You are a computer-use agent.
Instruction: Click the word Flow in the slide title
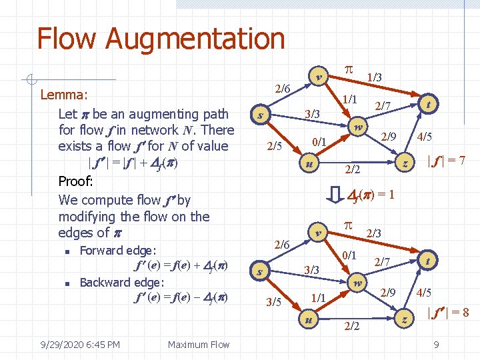coord(66,39)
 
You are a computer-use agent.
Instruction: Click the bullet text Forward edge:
coord(118,251)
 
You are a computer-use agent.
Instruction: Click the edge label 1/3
coord(375,78)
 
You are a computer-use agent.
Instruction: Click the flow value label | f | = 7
coord(446,161)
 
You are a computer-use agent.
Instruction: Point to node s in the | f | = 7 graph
coord(259,115)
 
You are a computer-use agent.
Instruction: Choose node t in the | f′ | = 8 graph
coord(427,260)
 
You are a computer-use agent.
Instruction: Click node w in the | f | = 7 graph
coord(358,127)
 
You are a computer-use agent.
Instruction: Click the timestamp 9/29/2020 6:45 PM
coord(79,344)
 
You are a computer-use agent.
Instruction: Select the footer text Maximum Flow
coord(199,344)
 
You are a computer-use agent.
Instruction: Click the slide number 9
coord(435,345)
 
